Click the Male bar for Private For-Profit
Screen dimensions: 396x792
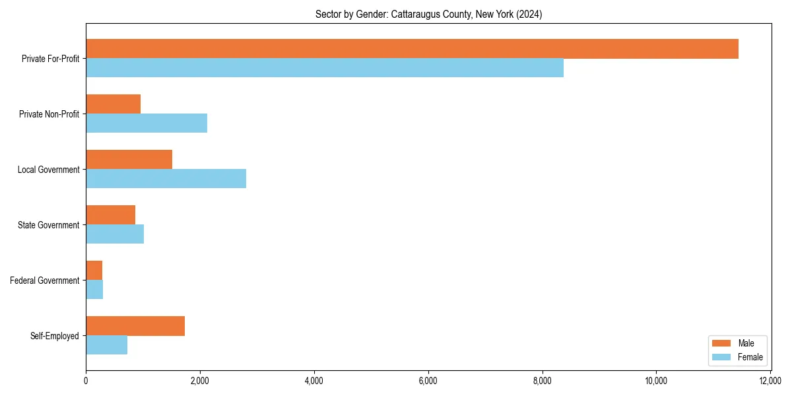(x=412, y=49)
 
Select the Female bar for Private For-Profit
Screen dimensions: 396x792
(x=325, y=68)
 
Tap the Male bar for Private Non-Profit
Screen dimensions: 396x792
(x=113, y=104)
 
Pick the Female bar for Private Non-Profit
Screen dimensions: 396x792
(x=147, y=123)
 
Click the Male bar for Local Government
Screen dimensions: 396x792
(x=129, y=160)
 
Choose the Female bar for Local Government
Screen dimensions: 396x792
(x=166, y=179)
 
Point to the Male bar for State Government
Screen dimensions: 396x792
(x=110, y=215)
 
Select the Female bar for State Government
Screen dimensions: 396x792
(x=115, y=234)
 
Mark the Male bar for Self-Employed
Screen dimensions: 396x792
(x=135, y=326)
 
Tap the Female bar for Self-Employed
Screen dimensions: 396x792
(x=106, y=345)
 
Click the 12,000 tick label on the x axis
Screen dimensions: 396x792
(x=770, y=381)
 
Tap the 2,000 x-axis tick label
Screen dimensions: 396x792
(x=200, y=381)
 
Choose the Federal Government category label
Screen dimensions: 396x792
(x=45, y=280)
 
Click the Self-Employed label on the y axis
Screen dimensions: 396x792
(x=55, y=336)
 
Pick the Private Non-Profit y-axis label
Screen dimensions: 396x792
(x=49, y=114)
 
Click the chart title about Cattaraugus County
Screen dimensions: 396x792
(x=428, y=15)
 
